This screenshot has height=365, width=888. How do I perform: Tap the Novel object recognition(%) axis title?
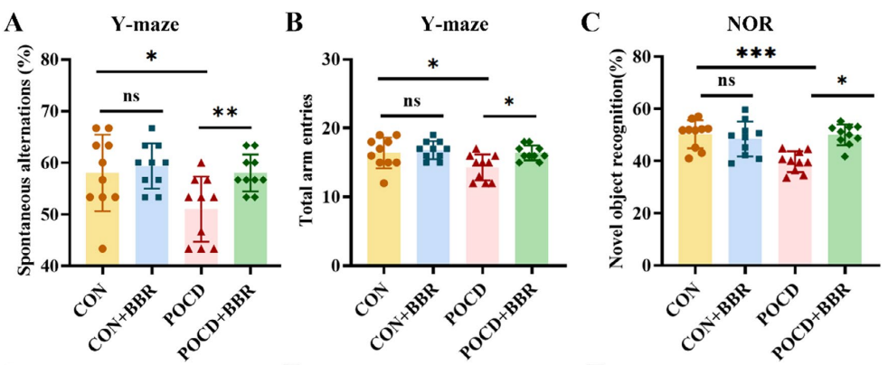[619, 163]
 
